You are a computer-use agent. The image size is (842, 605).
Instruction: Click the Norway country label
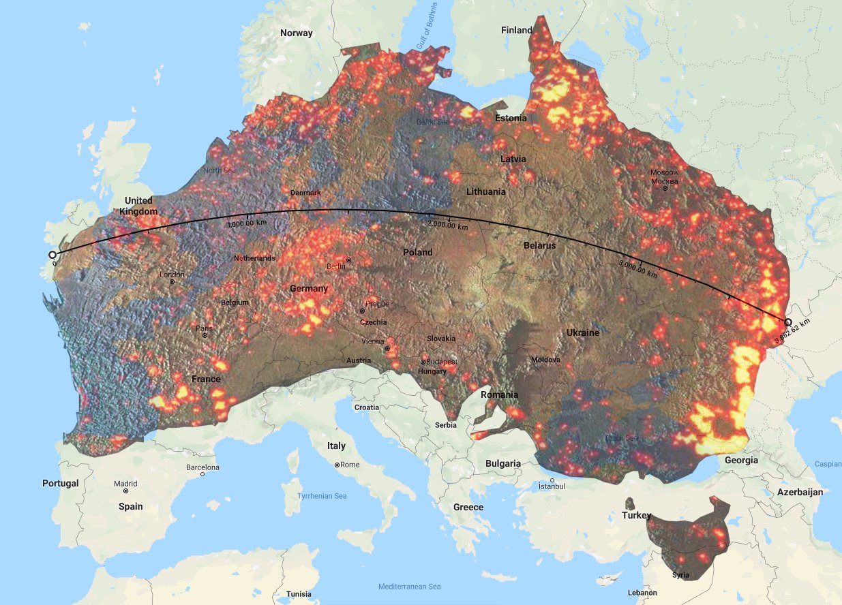click(x=297, y=33)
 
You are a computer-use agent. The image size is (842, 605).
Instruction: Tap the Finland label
click(x=516, y=30)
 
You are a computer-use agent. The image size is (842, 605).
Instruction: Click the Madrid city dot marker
click(x=126, y=491)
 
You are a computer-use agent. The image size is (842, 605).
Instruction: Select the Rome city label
click(x=350, y=465)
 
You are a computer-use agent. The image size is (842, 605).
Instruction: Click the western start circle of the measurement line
click(x=52, y=255)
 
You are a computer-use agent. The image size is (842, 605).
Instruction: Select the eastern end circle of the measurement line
click(x=788, y=322)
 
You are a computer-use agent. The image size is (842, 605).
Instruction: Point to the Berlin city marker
click(x=348, y=260)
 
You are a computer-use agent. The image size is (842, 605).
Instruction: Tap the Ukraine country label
click(x=582, y=332)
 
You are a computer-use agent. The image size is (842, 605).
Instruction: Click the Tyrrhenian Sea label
click(x=322, y=496)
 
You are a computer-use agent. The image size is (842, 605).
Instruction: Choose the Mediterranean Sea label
click(x=409, y=587)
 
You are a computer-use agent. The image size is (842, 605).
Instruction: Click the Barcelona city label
click(x=202, y=467)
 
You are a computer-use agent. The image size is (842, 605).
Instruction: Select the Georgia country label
click(x=741, y=460)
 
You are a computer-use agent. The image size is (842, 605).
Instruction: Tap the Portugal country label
click(x=60, y=483)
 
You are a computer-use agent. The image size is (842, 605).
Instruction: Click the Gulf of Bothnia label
click(x=430, y=25)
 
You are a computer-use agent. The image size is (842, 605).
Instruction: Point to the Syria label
click(x=680, y=575)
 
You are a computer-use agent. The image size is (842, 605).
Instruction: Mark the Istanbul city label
click(x=552, y=486)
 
